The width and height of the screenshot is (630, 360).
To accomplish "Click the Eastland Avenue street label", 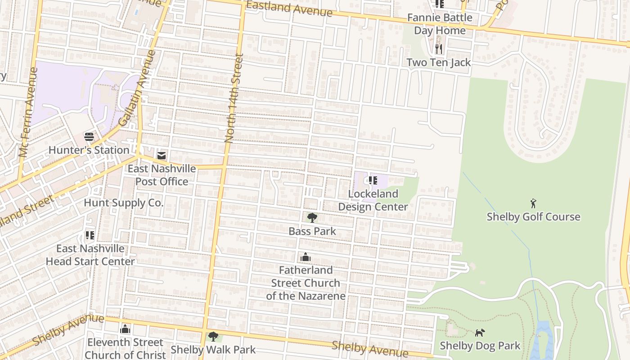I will point(289,8).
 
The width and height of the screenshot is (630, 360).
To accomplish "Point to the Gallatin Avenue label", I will point(137,88).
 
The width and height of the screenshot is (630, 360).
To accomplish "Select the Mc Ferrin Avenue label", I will point(28,112).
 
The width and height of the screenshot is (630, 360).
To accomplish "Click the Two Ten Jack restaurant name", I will point(439,63).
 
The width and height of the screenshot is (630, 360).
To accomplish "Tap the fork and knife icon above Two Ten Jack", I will point(439,48).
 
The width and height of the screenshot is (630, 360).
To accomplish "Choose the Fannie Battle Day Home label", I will point(440,24).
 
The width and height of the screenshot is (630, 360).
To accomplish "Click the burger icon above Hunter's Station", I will point(89,137).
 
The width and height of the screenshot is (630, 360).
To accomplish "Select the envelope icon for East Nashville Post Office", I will point(162,156).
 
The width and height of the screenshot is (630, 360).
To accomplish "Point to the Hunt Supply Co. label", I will point(123,203).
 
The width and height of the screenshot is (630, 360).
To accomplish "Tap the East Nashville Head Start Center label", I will point(90,255).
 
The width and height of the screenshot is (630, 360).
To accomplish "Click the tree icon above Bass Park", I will point(312,218).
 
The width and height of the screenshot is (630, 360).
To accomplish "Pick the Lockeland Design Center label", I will point(373,200).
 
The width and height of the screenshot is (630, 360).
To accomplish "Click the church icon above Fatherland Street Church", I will point(306,257).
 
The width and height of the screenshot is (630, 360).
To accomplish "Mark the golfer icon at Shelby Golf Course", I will point(533,203).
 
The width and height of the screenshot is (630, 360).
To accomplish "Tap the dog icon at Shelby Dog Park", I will point(480,333).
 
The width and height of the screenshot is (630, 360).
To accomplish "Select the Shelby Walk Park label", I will point(213,349).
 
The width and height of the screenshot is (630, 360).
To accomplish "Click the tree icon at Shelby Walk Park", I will point(213,336).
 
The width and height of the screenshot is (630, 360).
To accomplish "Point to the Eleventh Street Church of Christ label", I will point(125,348).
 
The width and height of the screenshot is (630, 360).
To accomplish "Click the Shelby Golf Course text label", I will point(533,217).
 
